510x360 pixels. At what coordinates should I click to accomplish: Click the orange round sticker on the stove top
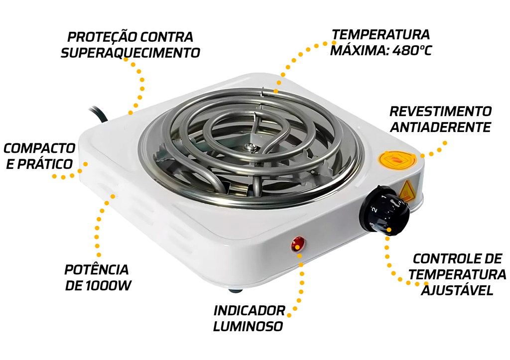point(397,160)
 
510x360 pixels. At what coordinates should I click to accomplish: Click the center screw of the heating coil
point(250,147)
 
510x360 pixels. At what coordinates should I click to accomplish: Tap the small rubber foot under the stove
point(235,289)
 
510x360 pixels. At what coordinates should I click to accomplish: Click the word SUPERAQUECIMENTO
point(130,53)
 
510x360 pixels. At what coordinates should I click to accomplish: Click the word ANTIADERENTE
point(440,127)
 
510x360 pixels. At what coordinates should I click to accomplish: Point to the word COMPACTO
point(39,148)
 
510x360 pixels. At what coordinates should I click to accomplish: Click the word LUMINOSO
point(248,326)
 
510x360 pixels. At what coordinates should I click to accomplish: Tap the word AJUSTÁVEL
point(457,290)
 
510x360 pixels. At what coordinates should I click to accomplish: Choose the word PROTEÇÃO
point(99,37)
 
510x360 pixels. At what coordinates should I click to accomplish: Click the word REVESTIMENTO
point(441,111)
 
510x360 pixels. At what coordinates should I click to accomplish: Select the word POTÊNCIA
point(96,269)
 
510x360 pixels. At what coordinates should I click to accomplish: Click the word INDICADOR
point(250,311)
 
